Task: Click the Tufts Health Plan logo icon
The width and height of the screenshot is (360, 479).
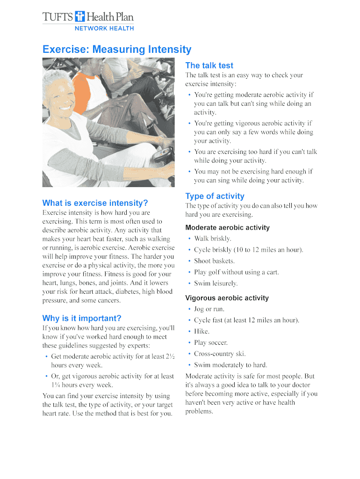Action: pyautogui.click(x=80, y=17)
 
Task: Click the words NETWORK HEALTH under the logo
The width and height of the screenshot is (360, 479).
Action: pyautogui.click(x=104, y=29)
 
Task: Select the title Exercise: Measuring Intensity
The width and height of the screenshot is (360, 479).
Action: pyautogui.click(x=117, y=50)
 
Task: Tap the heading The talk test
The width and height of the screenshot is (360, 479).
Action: pyautogui.click(x=209, y=65)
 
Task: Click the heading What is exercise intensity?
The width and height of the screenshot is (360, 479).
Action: pyautogui.click(x=95, y=203)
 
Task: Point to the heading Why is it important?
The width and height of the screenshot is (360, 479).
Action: pyautogui.click(x=82, y=319)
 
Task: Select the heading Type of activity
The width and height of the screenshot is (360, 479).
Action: pyautogui.click(x=215, y=196)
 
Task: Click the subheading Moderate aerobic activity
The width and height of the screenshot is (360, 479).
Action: pyautogui.click(x=227, y=228)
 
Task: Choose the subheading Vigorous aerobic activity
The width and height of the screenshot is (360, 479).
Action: pyautogui.click(x=227, y=298)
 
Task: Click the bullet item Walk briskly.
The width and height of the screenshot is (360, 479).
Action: pyautogui.click(x=213, y=239)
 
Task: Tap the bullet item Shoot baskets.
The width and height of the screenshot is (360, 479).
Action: pyautogui.click(x=214, y=261)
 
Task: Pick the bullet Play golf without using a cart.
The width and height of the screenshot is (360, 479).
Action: pyautogui.click(x=236, y=272)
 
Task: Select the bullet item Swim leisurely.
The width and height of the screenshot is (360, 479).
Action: pyautogui.click(x=216, y=283)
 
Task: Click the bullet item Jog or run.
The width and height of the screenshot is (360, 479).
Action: pyautogui.click(x=209, y=309)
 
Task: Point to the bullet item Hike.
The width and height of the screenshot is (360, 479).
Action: pyautogui.click(x=202, y=332)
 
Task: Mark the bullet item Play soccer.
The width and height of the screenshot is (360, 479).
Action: pyautogui.click(x=211, y=343)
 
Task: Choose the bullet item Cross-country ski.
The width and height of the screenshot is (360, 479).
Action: pyautogui.click(x=220, y=354)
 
